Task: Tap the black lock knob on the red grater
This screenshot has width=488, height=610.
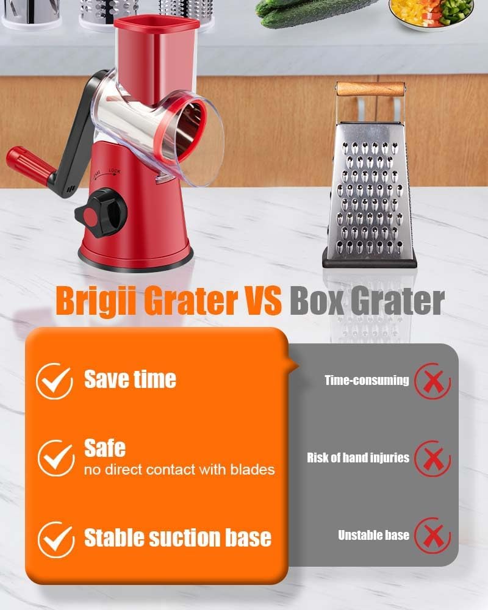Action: point(101,213)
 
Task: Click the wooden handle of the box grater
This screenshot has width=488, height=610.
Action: point(370,88)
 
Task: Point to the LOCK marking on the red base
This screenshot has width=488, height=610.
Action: point(115,171)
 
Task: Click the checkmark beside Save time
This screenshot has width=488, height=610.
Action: point(54,381)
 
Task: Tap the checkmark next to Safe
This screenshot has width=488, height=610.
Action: point(56,458)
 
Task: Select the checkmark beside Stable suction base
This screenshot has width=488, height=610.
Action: point(56,540)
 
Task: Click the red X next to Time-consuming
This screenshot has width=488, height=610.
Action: point(432,381)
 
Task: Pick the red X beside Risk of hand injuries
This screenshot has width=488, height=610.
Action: point(432,459)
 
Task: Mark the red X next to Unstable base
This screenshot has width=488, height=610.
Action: point(432,536)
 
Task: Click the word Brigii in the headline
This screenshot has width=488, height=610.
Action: point(95,301)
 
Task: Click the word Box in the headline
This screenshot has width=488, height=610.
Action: point(317,300)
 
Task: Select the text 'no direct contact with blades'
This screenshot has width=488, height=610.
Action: point(179,470)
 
